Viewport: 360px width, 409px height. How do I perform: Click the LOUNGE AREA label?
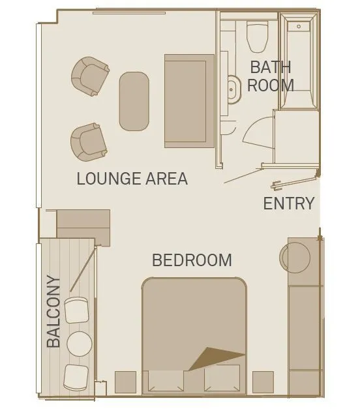click(132, 179)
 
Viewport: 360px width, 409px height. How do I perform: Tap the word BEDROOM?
click(192, 260)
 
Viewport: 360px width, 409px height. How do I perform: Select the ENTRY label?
click(289, 204)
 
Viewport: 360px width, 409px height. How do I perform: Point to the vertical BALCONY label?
click(53, 311)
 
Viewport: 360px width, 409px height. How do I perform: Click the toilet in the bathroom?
click(258, 37)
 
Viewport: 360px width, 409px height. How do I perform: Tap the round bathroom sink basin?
click(233, 89)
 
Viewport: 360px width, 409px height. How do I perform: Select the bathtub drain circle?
click(299, 26)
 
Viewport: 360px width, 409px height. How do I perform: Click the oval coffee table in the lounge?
click(134, 102)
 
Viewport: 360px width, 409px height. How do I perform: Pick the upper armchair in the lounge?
click(90, 76)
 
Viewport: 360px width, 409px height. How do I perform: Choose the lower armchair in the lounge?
click(89, 142)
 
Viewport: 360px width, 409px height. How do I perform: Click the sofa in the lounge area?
click(189, 101)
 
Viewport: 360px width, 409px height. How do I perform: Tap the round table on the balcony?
click(80, 344)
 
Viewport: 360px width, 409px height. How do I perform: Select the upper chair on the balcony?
click(76, 310)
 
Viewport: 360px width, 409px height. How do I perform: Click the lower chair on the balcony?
click(76, 378)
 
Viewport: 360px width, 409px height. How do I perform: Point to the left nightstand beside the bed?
click(125, 382)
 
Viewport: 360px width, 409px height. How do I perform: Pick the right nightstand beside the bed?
click(263, 382)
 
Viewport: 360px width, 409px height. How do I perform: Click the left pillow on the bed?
click(166, 381)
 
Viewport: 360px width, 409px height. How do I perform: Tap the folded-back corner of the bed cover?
click(214, 359)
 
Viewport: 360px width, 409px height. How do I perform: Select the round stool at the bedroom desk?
click(295, 258)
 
